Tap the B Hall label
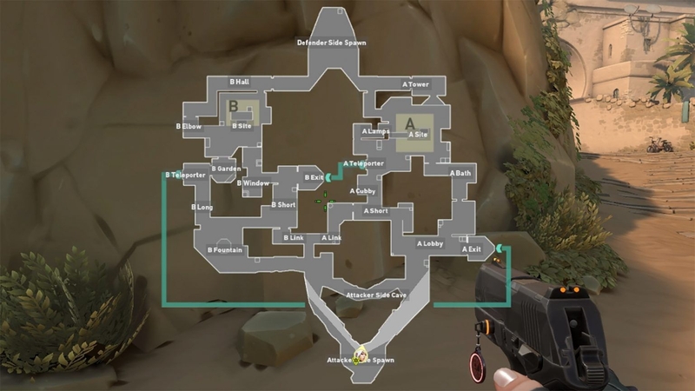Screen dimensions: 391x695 pos(239,82)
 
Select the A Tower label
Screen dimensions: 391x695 pos(415,84)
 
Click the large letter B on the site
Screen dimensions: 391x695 pos(232,107)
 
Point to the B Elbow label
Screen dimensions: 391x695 pos(189,126)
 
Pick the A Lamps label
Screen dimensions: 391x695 pos(375,131)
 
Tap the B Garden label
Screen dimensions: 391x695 pos(226,168)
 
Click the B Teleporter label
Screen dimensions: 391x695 pos(185,175)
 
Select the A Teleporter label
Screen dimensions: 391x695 pos(364,163)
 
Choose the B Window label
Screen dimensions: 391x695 pos(253,183)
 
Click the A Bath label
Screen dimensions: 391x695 pos(460,174)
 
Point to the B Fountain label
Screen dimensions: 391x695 pos(224,250)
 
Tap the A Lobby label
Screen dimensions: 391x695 pos(430,244)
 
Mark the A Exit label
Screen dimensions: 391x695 pos(472,249)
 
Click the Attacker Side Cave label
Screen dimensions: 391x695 pos(376,295)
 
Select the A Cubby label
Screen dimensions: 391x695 pos(362,191)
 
